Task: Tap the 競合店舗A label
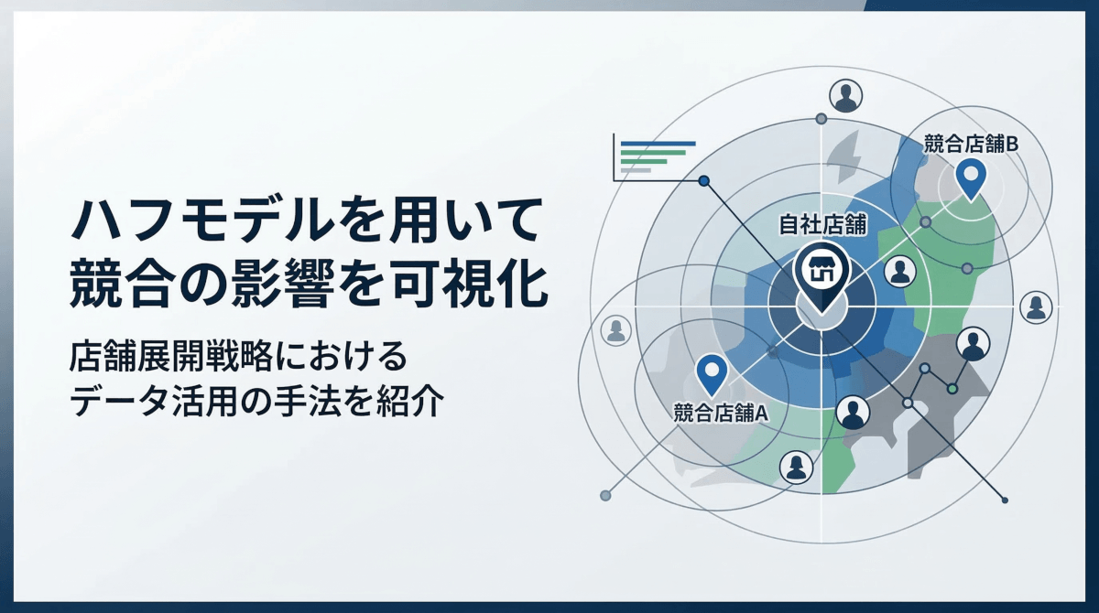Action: pyautogui.click(x=720, y=412)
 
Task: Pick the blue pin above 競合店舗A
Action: pyautogui.click(x=712, y=373)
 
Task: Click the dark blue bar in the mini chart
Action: pyautogui.click(x=658, y=144)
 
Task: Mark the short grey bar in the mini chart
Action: pyautogui.click(x=636, y=170)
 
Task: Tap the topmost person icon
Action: pyautogui.click(x=845, y=94)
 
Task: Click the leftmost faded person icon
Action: pyautogui.click(x=615, y=330)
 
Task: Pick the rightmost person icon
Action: pyautogui.click(x=1036, y=306)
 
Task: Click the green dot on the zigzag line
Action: pyautogui.click(x=952, y=390)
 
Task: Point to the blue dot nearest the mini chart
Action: pyautogui.click(x=703, y=181)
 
